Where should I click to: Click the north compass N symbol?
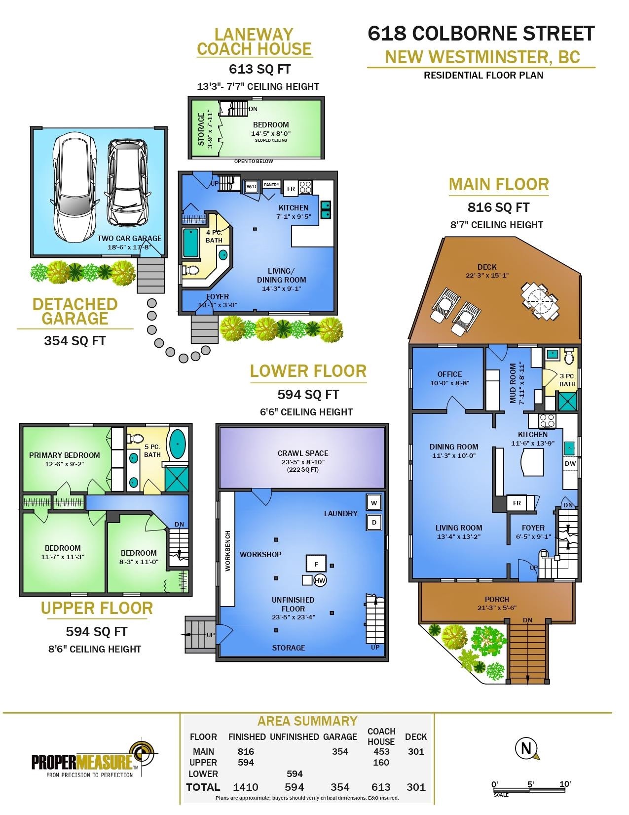pyautogui.click(x=526, y=749)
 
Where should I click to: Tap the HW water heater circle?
pyautogui.click(x=320, y=580)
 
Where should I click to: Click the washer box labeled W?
pyautogui.click(x=374, y=503)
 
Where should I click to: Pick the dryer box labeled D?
pyautogui.click(x=374, y=523)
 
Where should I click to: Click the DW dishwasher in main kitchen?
pyautogui.click(x=570, y=464)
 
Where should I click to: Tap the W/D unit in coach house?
pyautogui.click(x=251, y=186)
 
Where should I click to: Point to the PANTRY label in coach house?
pyautogui.click(x=271, y=185)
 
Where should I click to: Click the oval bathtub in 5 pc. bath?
pyautogui.click(x=178, y=444)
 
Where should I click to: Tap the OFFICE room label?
pyautogui.click(x=449, y=374)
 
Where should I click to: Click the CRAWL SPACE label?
pyautogui.click(x=303, y=453)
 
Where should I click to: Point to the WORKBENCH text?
pyautogui.click(x=228, y=551)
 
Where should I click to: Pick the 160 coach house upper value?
pyautogui.click(x=381, y=762)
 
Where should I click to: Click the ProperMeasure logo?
pyautogui.click(x=94, y=759)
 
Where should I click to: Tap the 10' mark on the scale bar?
pyautogui.click(x=565, y=784)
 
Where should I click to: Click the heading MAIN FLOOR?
pyautogui.click(x=499, y=185)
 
